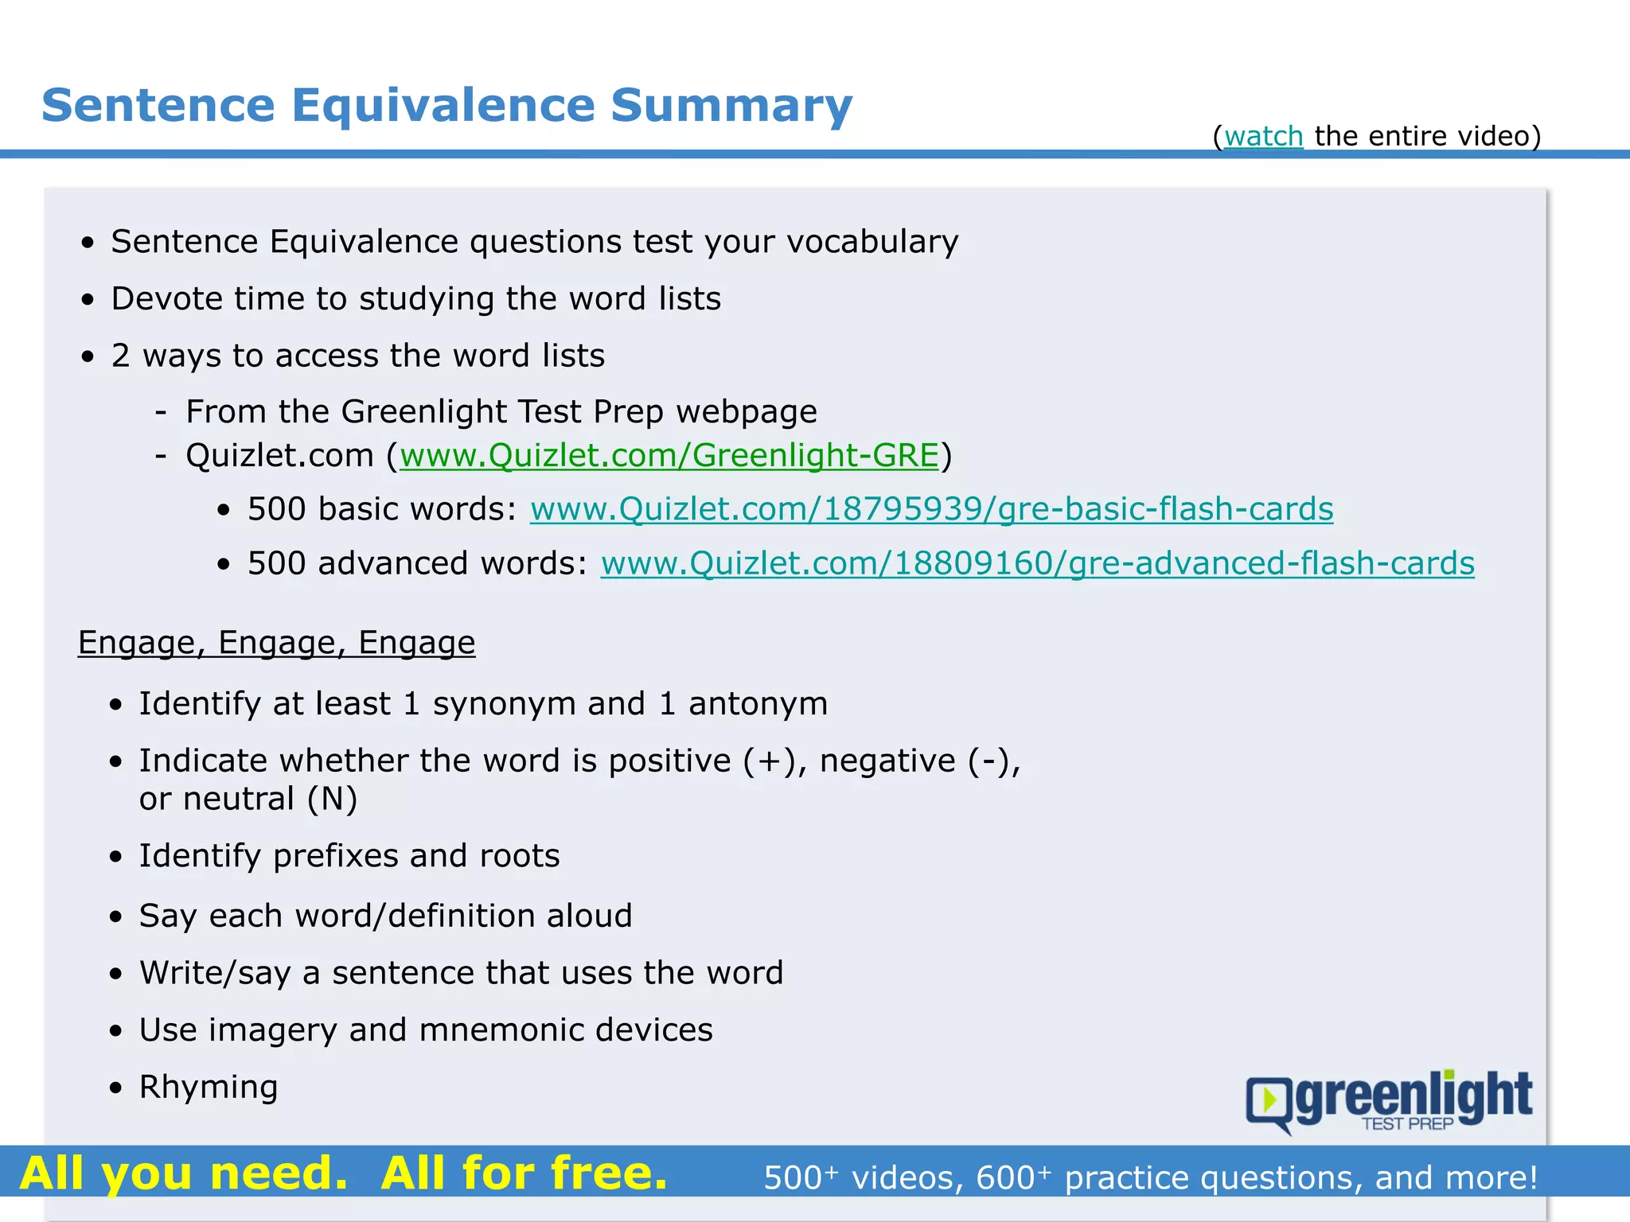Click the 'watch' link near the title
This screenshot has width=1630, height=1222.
coord(1263,136)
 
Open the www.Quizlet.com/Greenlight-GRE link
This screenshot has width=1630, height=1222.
coord(669,456)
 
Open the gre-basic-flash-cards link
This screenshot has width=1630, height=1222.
coord(931,509)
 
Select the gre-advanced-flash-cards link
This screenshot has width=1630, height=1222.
coord(1037,563)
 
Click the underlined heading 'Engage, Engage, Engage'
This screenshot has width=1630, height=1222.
coord(276,643)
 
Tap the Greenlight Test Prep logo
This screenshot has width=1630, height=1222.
coord(1389,1101)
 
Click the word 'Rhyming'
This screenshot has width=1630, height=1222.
coord(209,1087)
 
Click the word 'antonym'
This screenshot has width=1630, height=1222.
coord(758,704)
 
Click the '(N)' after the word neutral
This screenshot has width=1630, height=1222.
coord(333,799)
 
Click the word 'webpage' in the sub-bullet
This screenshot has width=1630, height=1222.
coord(746,412)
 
